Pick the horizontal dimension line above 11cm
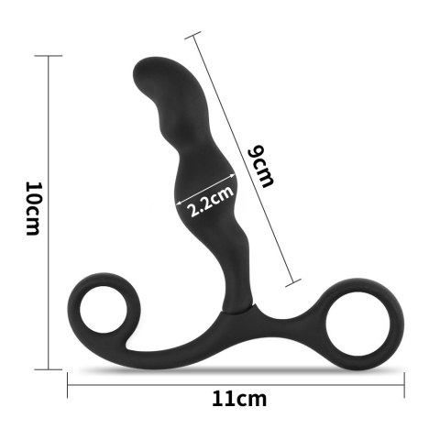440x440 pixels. click(x=236, y=384)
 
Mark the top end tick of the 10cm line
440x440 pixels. click(x=48, y=57)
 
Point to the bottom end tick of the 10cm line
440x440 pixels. click(x=48, y=369)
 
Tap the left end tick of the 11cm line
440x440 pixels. click(x=68, y=384)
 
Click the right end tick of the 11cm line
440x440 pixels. click(x=405, y=384)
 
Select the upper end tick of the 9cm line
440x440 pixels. click(x=192, y=35)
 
